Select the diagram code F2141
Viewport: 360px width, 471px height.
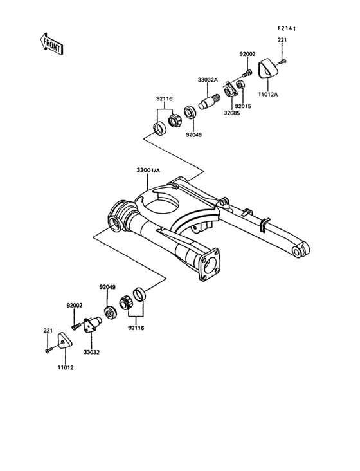(290, 28)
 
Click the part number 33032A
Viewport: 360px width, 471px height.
(208, 80)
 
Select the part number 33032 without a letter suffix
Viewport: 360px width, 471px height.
(92, 352)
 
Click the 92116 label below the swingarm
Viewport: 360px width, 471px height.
(136, 328)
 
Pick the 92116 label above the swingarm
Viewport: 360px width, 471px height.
(165, 98)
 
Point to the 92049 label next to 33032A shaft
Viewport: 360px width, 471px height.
(194, 135)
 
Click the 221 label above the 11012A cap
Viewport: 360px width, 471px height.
(282, 41)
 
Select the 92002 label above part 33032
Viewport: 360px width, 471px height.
(75, 306)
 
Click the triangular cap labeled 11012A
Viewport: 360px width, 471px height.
(266, 68)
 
